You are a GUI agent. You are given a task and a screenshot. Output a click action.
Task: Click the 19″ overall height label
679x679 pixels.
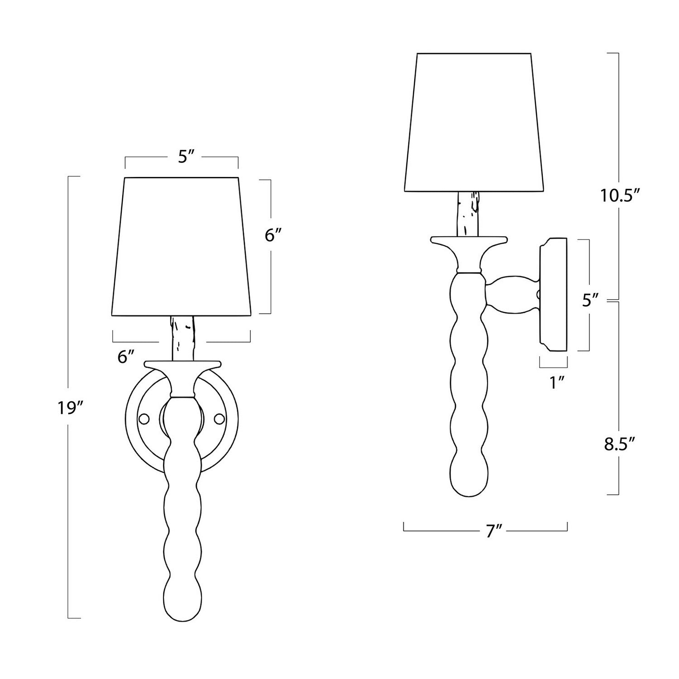tap(69, 408)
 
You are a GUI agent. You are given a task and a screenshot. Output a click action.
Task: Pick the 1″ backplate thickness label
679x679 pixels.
tap(554, 383)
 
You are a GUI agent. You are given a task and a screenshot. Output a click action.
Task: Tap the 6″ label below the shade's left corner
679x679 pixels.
tap(126, 357)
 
